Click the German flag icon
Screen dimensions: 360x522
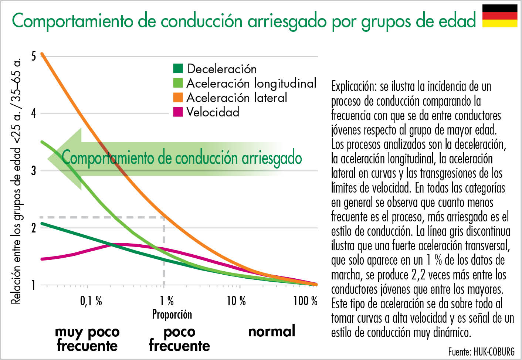pos(500,16)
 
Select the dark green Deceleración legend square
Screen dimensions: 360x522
pos(178,68)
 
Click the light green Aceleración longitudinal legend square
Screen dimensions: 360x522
pos(178,83)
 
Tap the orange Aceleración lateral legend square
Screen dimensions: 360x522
pos(178,97)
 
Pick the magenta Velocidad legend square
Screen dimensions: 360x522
pos(178,112)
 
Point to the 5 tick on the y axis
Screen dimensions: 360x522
pos(34,57)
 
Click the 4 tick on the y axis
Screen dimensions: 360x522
pos(34,113)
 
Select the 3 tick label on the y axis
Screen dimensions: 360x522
pos(34,171)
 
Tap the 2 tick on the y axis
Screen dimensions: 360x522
pos(34,228)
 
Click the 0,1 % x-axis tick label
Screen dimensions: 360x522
pos(91,301)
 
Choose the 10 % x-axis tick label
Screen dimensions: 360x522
pos(236,301)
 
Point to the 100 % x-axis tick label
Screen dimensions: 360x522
pos(305,301)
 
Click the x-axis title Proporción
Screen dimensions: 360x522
pos(172,315)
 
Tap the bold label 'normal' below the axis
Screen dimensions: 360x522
pos(272,331)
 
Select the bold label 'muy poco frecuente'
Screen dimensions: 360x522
pos(87,339)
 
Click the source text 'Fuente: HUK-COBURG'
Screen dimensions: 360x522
pos(481,351)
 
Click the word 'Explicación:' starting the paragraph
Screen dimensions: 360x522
pos(354,86)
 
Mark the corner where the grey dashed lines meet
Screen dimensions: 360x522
pos(164,217)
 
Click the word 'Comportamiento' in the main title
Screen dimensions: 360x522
pos(72,21)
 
